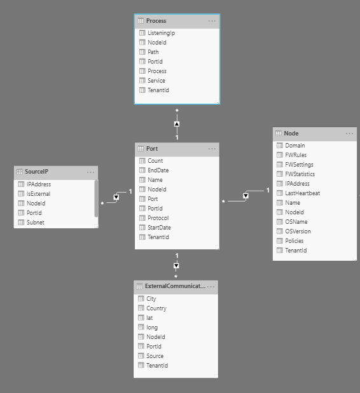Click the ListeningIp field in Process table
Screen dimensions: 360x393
[x=161, y=33]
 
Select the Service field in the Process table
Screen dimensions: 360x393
[x=156, y=81]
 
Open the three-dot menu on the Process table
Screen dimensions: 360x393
[x=212, y=21]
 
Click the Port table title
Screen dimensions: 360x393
[x=152, y=149]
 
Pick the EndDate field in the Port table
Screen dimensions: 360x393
[x=158, y=170]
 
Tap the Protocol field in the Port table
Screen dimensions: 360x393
[x=158, y=218]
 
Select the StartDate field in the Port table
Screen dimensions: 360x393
[x=159, y=227]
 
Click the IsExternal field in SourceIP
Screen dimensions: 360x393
[x=38, y=194]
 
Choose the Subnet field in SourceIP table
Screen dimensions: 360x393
[x=36, y=223]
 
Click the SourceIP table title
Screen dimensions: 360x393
[x=37, y=172]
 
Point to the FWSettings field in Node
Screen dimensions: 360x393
[x=299, y=165]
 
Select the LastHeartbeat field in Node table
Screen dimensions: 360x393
[x=302, y=193]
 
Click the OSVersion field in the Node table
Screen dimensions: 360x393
[x=298, y=231]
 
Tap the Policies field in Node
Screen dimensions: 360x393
[x=294, y=240]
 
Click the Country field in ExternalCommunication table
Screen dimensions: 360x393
[x=156, y=308]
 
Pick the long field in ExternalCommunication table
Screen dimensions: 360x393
[x=152, y=327]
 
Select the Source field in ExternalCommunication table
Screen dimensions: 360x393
[x=155, y=355]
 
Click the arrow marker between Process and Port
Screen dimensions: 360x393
[x=177, y=124]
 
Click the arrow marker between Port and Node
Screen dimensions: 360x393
[x=246, y=196]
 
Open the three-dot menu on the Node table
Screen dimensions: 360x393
[x=349, y=134]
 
